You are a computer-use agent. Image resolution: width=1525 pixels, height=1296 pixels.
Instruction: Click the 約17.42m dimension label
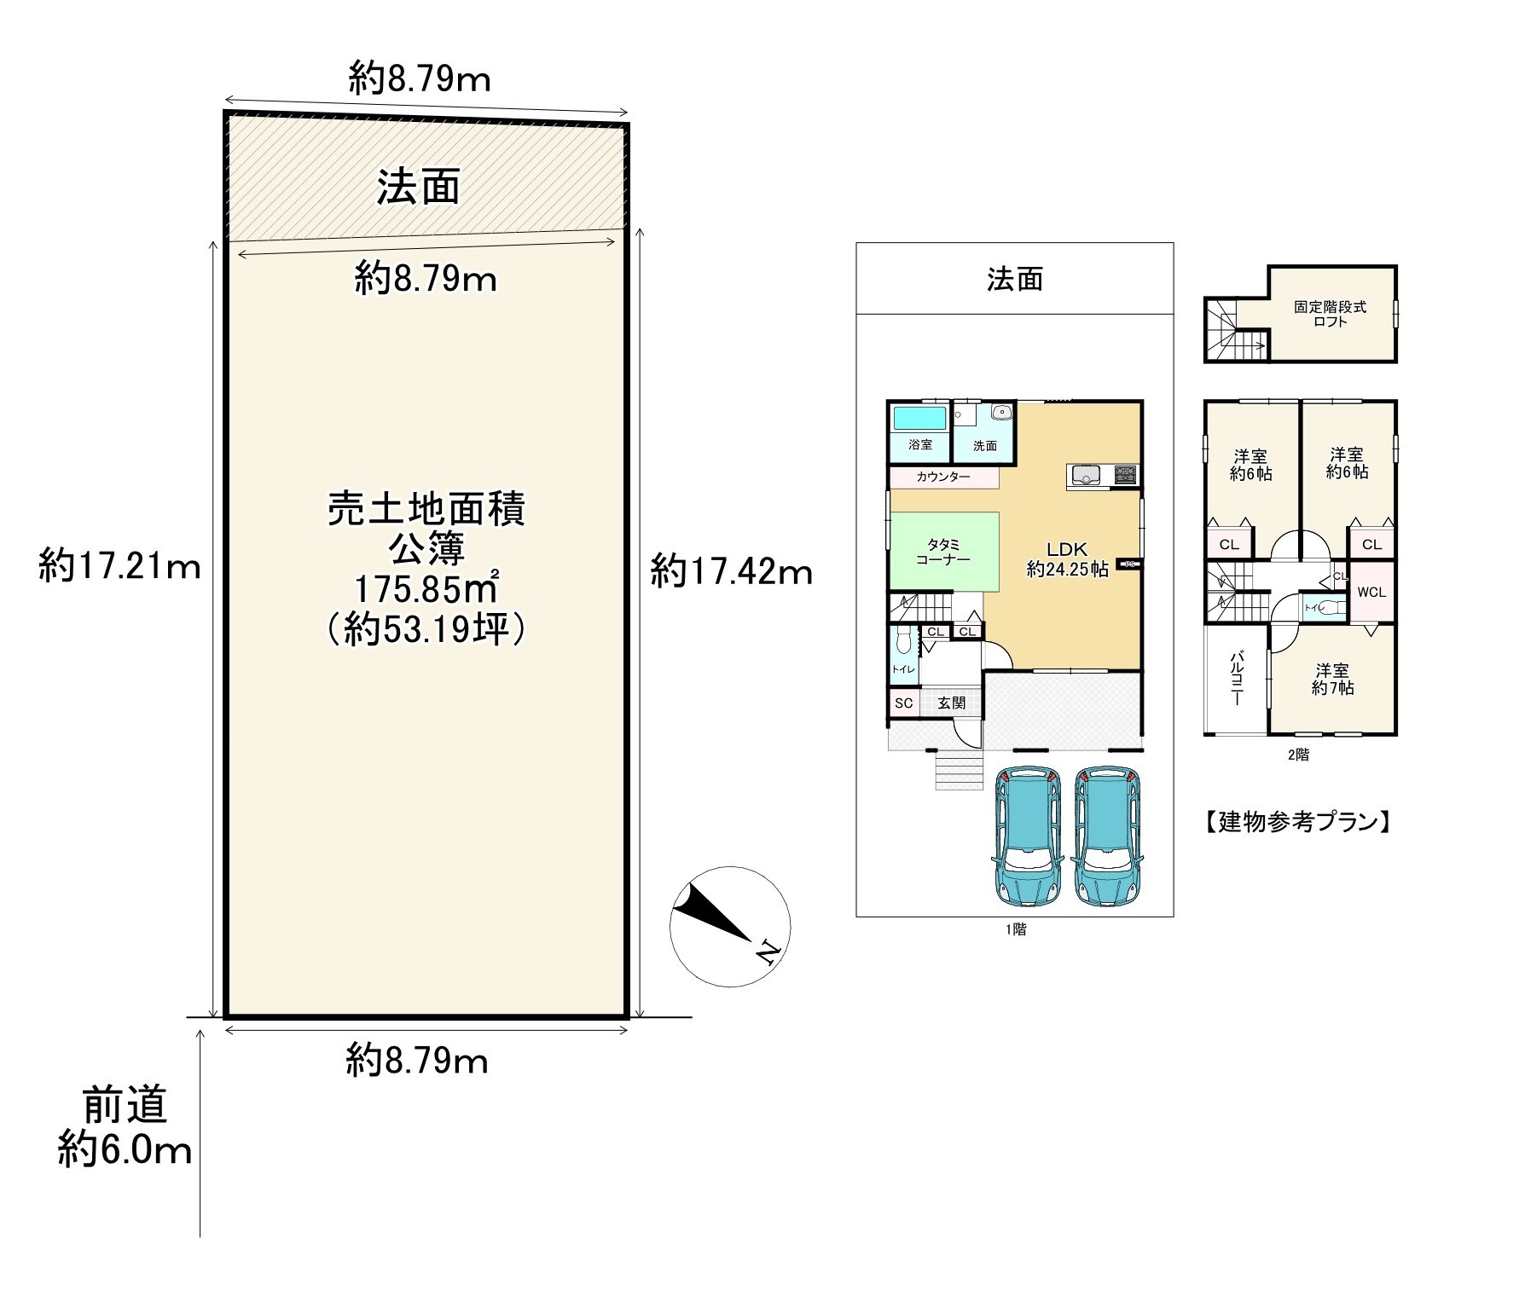(x=731, y=571)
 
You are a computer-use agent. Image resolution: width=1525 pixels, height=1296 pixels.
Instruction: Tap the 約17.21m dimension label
(x=119, y=565)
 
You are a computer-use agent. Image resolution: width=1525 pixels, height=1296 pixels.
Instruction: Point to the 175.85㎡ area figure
(x=426, y=590)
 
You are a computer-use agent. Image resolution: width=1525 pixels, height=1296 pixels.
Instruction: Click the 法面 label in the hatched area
(x=419, y=187)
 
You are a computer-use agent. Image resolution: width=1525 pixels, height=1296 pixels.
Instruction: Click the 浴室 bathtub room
(x=919, y=431)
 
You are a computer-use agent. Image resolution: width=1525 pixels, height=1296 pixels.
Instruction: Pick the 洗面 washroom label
(x=985, y=445)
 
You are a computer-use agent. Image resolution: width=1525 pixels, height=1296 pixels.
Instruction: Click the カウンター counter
(x=943, y=477)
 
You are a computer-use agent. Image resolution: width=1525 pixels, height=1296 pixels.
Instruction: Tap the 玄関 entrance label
(x=952, y=703)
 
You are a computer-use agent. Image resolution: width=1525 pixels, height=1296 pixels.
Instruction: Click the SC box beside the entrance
(x=904, y=703)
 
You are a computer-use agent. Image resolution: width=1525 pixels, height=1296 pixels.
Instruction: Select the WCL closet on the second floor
(x=1371, y=592)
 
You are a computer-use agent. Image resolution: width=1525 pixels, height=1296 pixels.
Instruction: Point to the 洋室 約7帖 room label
(x=1332, y=680)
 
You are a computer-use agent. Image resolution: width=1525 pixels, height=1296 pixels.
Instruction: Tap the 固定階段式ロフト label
(x=1330, y=314)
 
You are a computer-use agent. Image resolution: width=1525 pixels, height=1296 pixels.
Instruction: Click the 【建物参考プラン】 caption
(x=1297, y=822)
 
